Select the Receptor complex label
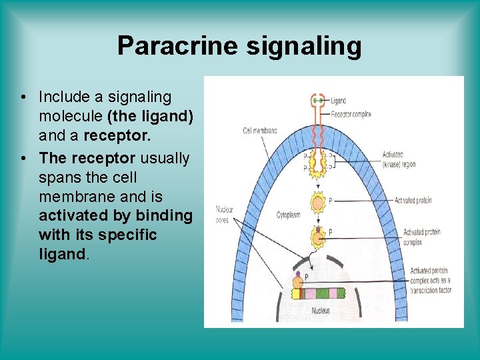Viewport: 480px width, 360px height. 351,115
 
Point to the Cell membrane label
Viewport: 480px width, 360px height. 260,131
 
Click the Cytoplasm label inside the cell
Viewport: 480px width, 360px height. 289,215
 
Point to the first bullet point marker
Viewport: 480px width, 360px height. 23,97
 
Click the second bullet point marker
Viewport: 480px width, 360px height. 23,159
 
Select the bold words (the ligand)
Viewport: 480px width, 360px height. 150,117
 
